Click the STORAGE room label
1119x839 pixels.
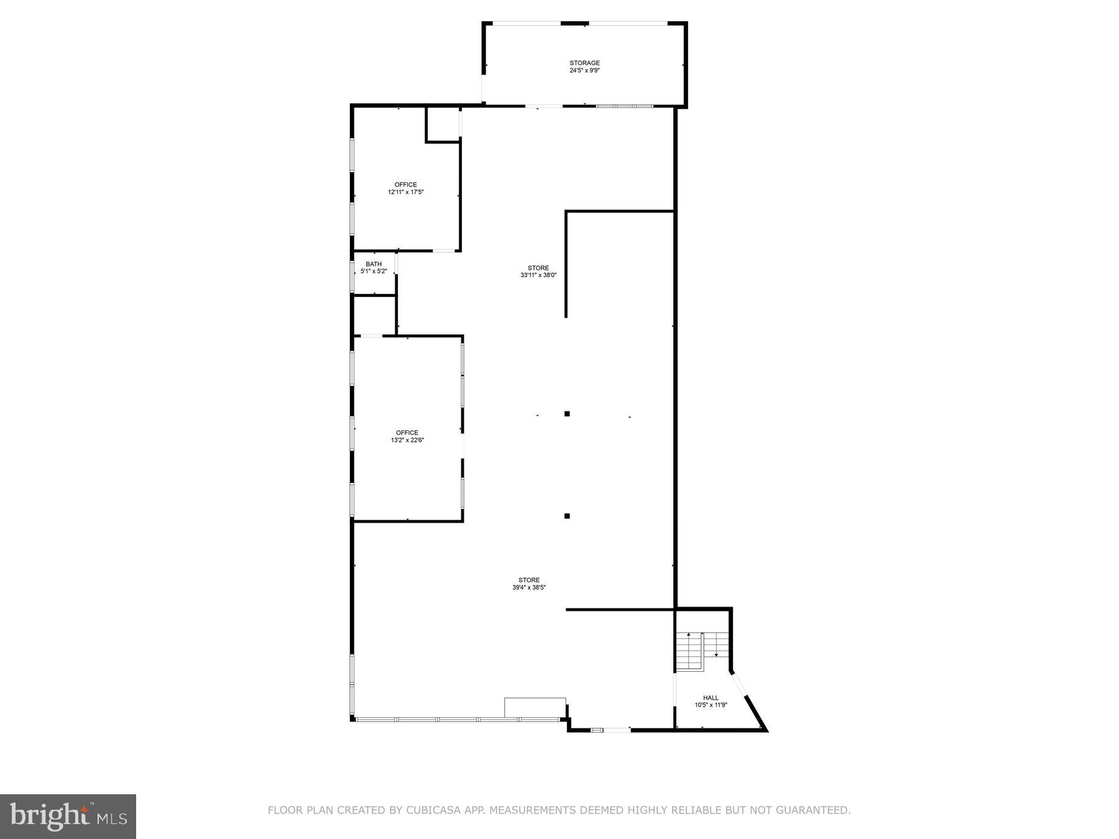(584, 63)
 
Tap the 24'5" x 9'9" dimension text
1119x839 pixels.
(584, 71)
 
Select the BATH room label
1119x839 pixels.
(374, 264)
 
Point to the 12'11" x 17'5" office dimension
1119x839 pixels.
(406, 193)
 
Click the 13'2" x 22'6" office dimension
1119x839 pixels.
(407, 441)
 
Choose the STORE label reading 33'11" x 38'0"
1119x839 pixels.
(538, 268)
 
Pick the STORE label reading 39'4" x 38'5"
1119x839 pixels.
(529, 580)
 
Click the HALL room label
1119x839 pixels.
(711, 698)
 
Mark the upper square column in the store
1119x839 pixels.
(567, 414)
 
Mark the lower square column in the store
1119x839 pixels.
(567, 516)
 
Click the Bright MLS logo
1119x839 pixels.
(68, 817)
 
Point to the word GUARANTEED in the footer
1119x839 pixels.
(818, 810)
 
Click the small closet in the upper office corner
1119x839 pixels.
(443, 124)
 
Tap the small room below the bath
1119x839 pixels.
(374, 316)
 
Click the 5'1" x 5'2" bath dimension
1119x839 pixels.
(374, 272)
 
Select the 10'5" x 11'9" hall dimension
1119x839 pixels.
(711, 705)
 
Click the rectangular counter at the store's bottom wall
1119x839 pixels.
(535, 707)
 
